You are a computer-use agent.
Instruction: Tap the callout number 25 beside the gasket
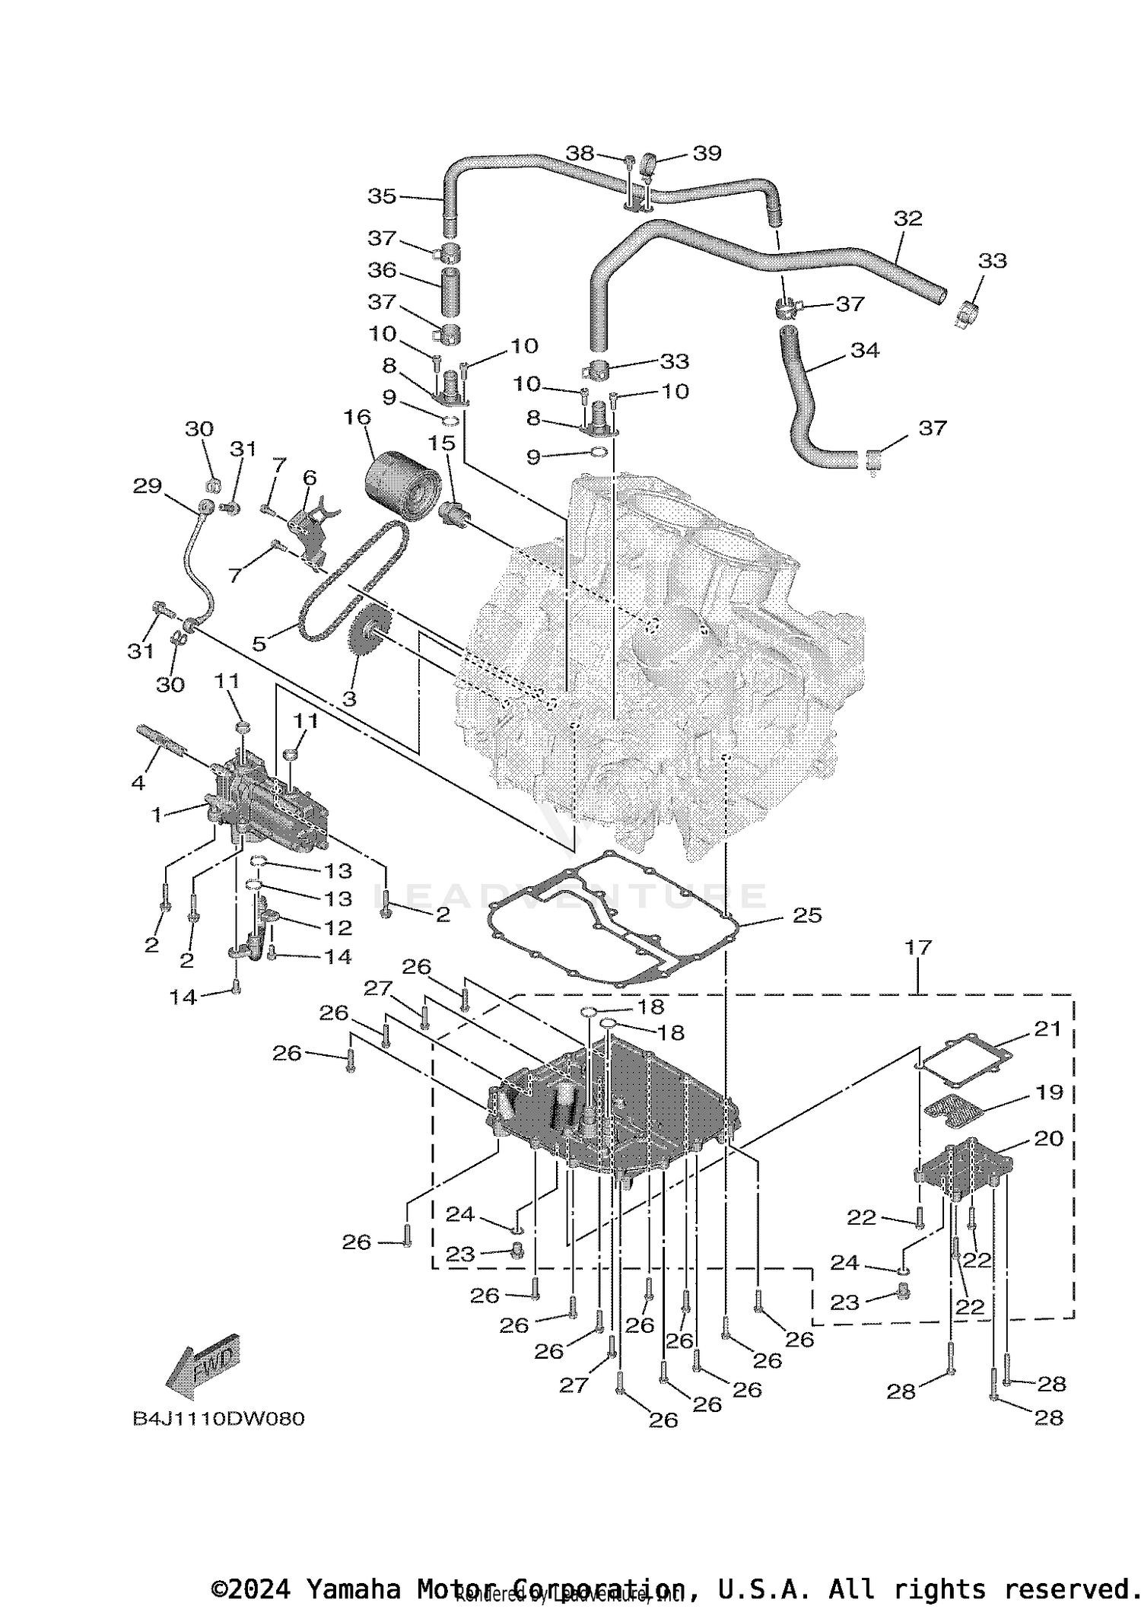coord(807,914)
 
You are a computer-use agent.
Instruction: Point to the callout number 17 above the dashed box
coord(918,948)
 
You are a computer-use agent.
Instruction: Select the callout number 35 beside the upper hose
coord(382,196)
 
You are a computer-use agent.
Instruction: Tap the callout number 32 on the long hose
coord(907,218)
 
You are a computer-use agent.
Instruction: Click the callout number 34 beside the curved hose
coord(865,350)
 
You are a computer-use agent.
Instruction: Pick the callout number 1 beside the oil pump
coord(157,815)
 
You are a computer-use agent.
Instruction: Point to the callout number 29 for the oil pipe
coord(147,485)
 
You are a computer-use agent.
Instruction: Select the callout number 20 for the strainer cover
coord(1048,1139)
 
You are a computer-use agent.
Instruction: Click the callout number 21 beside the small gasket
coord(1047,1029)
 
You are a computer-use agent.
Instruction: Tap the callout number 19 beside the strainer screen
coord(1049,1092)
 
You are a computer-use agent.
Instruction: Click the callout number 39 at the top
coord(707,153)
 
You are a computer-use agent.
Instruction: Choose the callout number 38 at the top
coord(580,153)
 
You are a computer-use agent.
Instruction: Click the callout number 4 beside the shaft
coord(138,781)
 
